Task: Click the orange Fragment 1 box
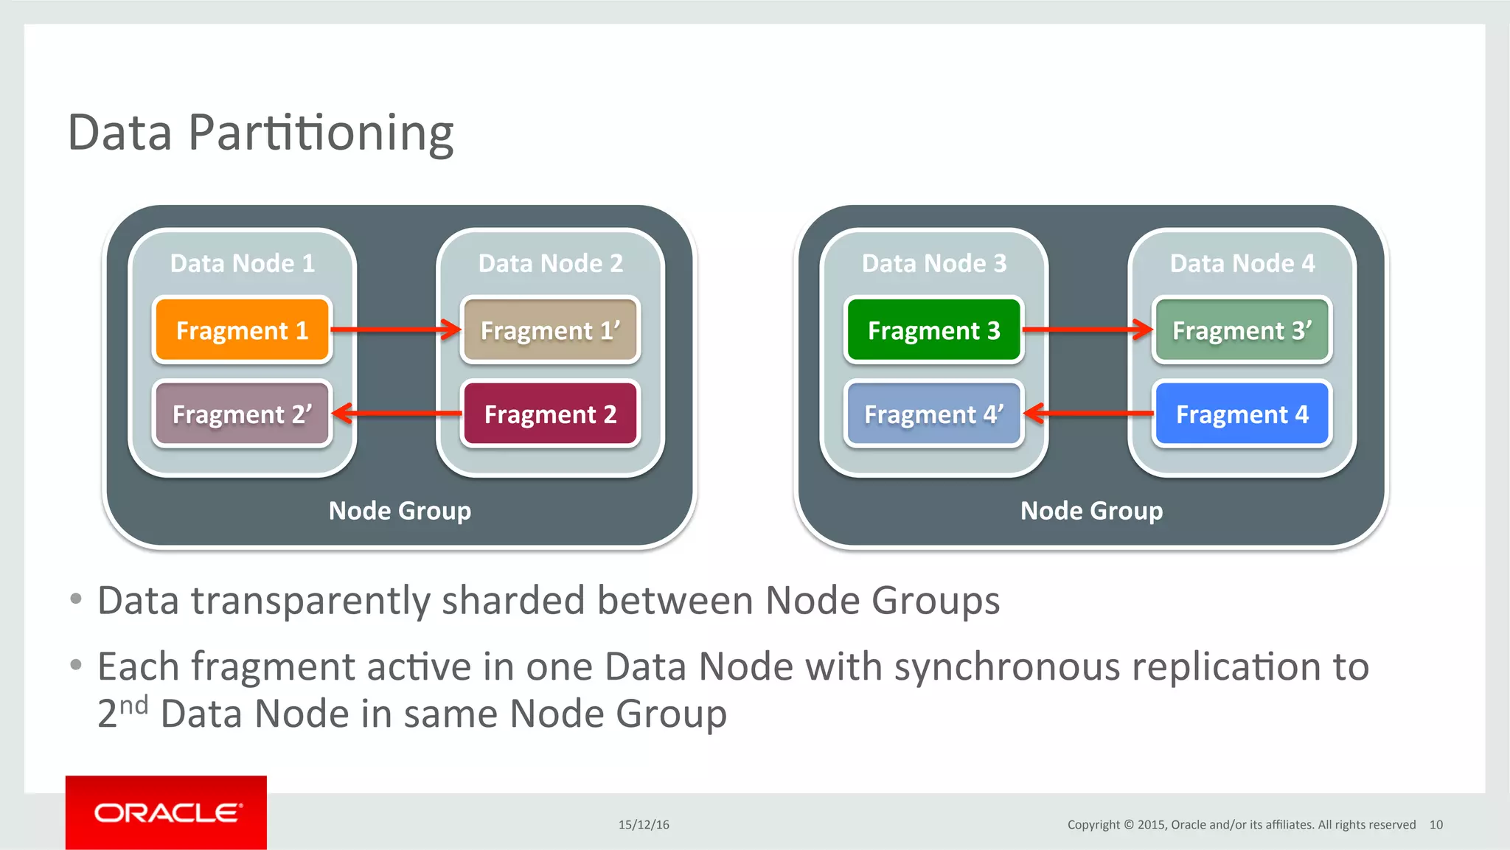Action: point(242,330)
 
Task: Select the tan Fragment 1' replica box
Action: point(550,330)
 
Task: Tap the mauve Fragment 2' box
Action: point(242,414)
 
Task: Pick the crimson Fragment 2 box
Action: point(550,414)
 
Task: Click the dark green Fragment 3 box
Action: point(933,330)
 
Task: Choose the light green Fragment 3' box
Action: point(1242,330)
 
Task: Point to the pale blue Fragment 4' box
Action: point(933,414)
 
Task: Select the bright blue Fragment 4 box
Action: point(1242,414)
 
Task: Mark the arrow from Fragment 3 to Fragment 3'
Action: point(1088,329)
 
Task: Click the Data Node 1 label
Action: point(242,263)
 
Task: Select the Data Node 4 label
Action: point(1242,263)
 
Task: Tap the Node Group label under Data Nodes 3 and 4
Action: point(1091,510)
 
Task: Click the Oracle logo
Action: point(167,812)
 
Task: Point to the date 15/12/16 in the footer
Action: point(644,824)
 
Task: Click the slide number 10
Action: point(1436,824)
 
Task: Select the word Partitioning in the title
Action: point(321,133)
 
